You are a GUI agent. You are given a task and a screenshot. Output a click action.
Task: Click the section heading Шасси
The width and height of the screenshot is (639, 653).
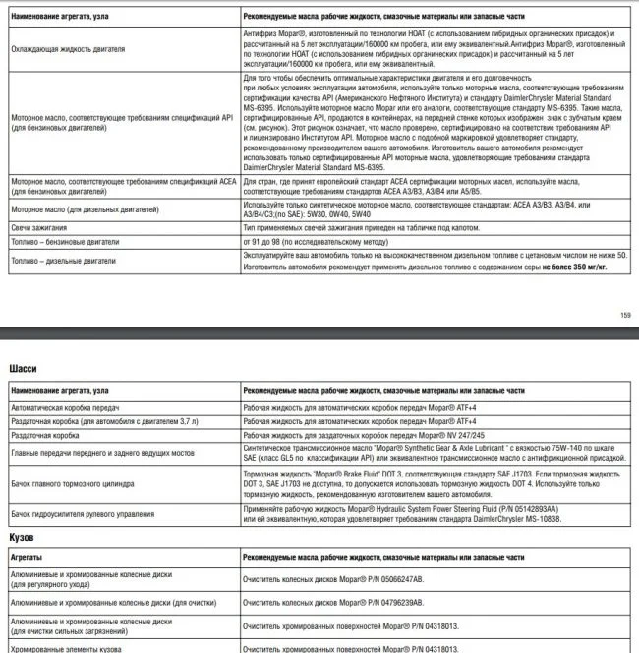pyautogui.click(x=23, y=369)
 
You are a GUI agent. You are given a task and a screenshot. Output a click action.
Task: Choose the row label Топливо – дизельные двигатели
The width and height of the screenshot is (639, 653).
pyautogui.click(x=68, y=261)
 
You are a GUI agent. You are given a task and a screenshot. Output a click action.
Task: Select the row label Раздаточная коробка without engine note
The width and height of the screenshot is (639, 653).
pyautogui.click(x=46, y=434)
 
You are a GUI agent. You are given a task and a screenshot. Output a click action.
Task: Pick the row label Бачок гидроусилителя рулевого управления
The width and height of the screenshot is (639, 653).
pyautogui.click(x=93, y=513)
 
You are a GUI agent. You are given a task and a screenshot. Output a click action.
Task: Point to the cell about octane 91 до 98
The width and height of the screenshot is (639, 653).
pyautogui.click(x=311, y=242)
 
